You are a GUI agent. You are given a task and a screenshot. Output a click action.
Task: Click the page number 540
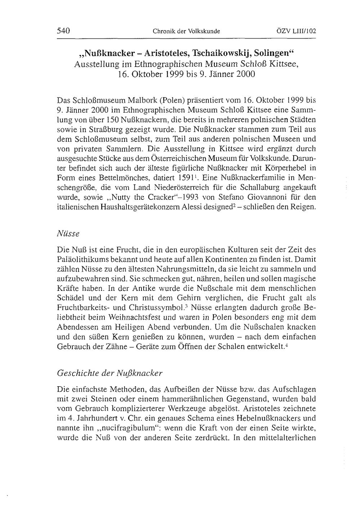pos(63,31)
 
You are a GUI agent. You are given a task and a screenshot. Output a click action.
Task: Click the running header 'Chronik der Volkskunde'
pos(186,31)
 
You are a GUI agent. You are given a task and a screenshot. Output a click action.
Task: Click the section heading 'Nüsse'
pos(68,233)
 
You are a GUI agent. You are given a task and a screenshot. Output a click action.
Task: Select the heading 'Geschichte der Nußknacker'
pos(110,373)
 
